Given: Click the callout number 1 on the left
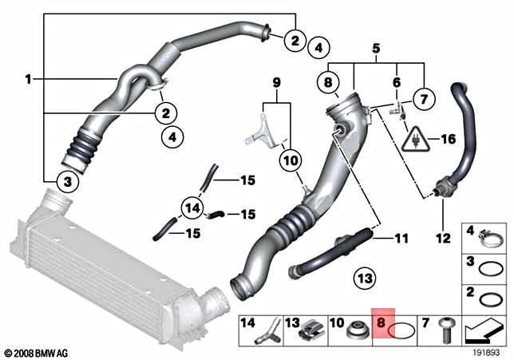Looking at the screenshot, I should tap(28, 79).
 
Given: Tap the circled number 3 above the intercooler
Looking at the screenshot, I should tap(69, 183).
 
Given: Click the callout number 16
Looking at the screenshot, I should tap(449, 140).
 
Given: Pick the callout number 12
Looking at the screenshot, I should tap(442, 238).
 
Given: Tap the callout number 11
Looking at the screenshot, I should tap(400, 237).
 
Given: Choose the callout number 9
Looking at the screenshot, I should tap(276, 82).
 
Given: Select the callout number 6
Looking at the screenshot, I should tap(394, 82).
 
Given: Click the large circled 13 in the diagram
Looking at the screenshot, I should tap(364, 279).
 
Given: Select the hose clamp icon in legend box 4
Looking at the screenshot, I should tap(488, 236).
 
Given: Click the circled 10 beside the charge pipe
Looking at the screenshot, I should tap(290, 162).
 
